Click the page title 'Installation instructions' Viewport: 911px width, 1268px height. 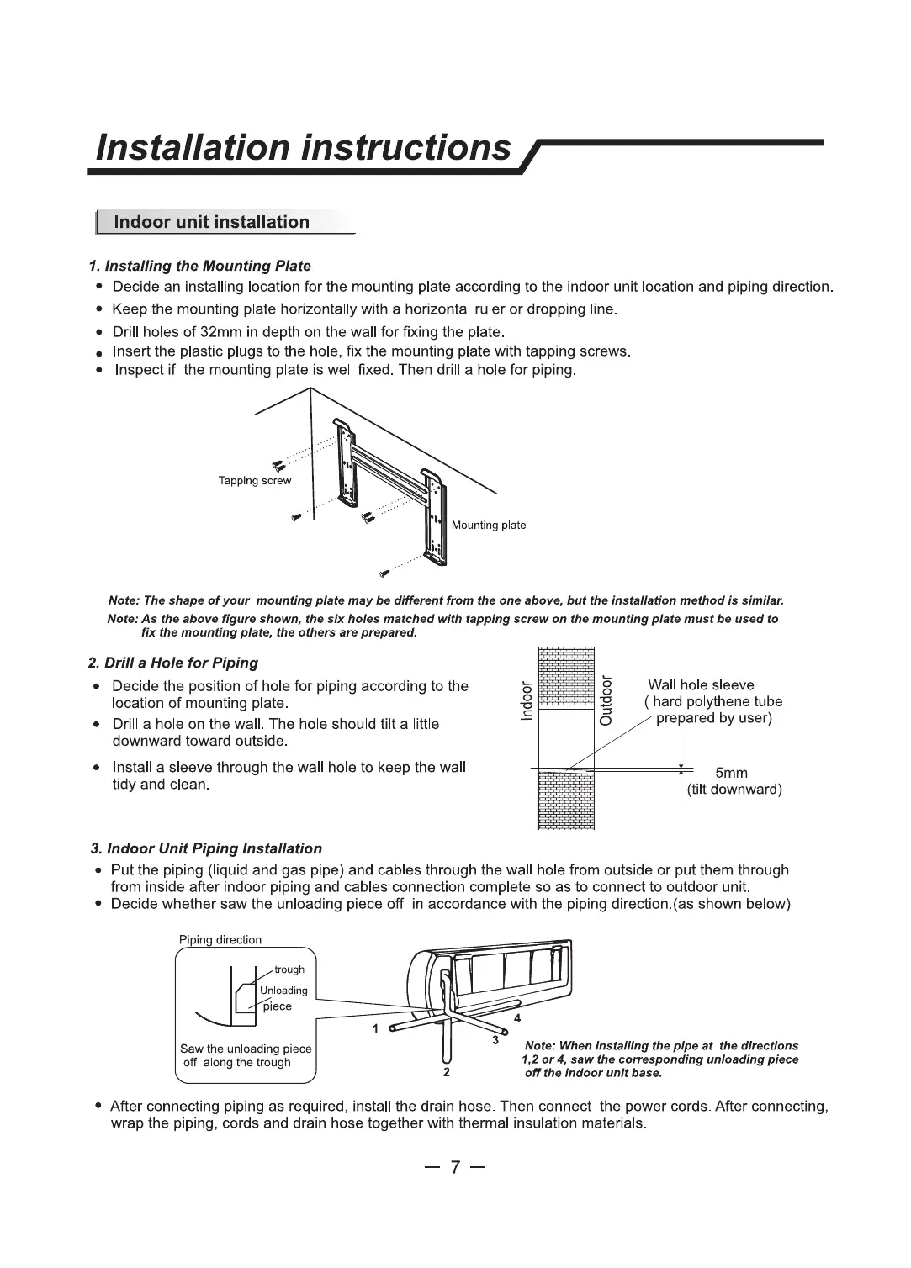(304, 147)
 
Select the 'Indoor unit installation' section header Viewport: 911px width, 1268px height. (211, 222)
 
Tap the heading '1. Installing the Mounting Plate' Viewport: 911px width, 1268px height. (200, 266)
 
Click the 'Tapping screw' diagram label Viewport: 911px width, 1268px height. (254, 481)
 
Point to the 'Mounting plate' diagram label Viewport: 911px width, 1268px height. (489, 526)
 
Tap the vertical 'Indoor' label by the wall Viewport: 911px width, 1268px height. (527, 701)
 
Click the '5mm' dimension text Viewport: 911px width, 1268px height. (731, 773)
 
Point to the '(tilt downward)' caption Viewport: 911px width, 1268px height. (734, 790)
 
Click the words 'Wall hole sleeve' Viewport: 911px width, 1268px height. (701, 685)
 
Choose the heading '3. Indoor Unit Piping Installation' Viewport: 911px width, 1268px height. (206, 848)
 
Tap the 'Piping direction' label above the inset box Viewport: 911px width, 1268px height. (220, 940)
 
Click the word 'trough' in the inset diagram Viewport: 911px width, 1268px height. (289, 969)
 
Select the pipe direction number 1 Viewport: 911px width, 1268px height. (376, 1028)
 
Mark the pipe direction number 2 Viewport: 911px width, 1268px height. (447, 1073)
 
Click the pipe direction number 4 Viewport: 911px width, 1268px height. (517, 1018)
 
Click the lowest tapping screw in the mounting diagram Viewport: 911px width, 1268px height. (384, 573)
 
